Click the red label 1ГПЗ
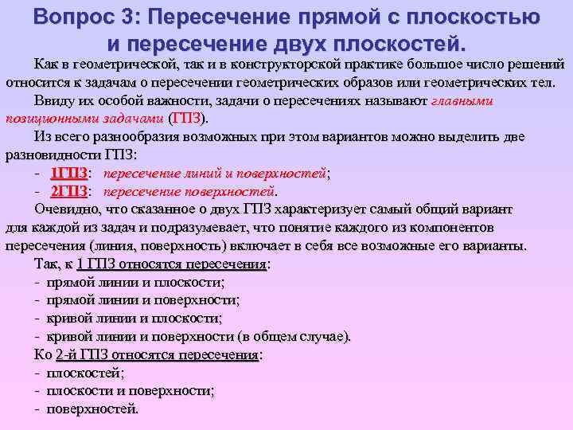(x=69, y=173)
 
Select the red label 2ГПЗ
(x=69, y=191)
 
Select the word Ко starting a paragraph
(x=43, y=354)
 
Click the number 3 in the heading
(x=137, y=17)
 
